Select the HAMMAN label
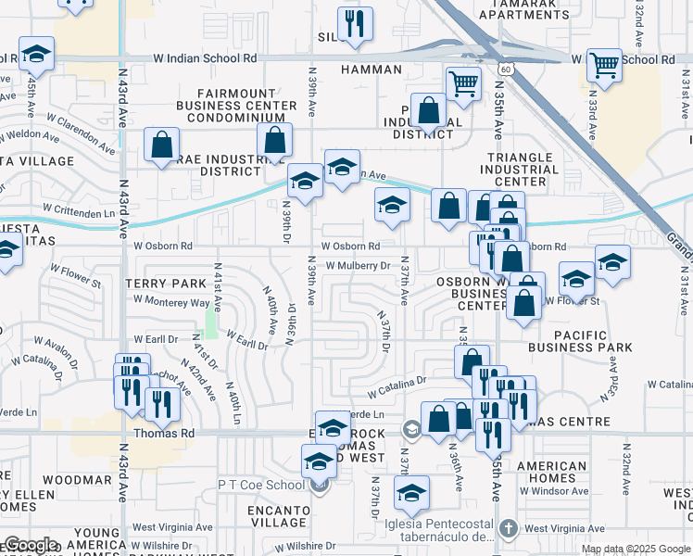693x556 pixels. click(371, 69)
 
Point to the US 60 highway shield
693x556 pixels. click(504, 69)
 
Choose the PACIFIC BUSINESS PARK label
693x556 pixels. click(580, 341)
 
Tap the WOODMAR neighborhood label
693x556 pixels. click(77, 480)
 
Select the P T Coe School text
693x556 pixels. click(260, 486)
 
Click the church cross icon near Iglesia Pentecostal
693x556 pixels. click(508, 528)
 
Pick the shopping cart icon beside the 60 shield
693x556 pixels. click(463, 84)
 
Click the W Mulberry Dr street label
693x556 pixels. click(358, 266)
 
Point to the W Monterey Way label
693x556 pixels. click(171, 301)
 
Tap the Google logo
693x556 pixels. click(31, 545)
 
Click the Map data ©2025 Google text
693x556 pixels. click(636, 549)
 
